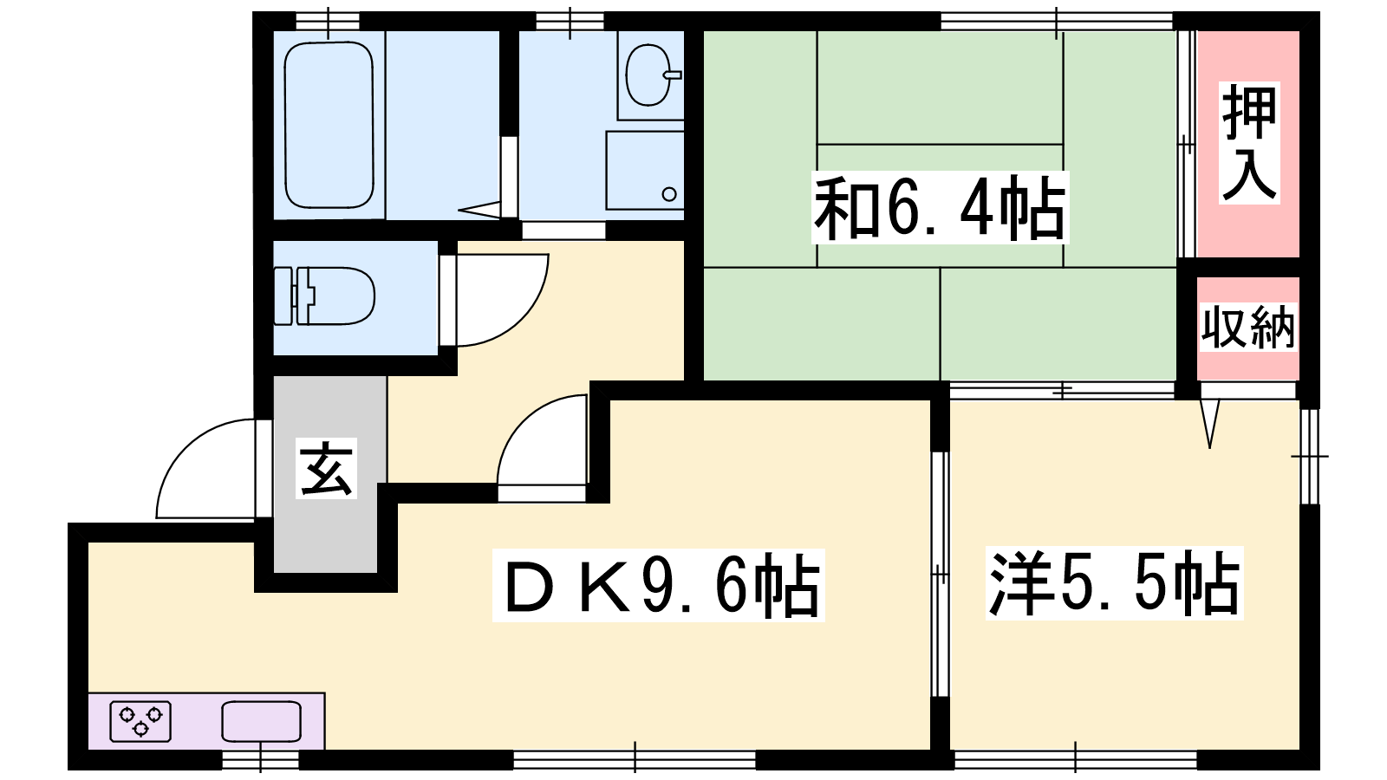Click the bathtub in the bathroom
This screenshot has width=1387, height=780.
329,125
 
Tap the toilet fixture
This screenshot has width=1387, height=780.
325,296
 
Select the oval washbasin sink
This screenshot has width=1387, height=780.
649,75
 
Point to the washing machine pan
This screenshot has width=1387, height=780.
645,170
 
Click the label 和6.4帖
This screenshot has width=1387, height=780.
940,209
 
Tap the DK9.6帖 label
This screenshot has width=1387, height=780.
658,585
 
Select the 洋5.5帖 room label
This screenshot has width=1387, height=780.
1115,583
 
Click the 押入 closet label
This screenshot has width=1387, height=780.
1249,143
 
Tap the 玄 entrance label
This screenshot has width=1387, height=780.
326,468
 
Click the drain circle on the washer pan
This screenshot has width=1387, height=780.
668,194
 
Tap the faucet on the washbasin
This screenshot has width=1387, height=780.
673,75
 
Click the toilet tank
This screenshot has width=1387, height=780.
283,296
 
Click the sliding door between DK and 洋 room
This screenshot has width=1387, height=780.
940,575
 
